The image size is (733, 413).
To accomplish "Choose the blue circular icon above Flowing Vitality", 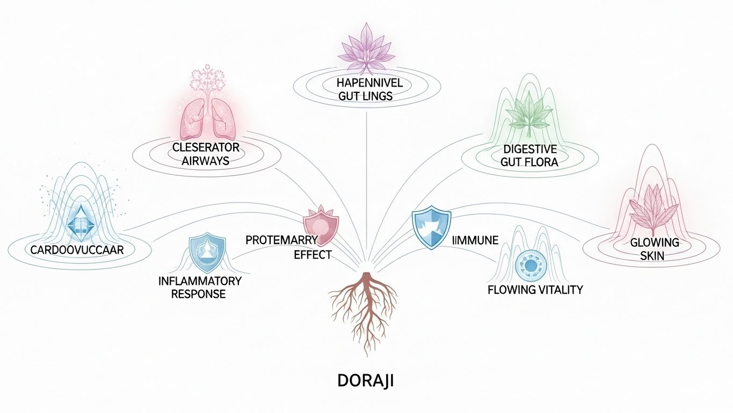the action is [x=530, y=266].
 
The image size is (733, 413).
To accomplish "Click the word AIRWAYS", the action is [x=206, y=160].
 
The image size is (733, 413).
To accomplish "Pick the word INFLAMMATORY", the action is [x=200, y=281].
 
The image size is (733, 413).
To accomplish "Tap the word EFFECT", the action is [x=313, y=254].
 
